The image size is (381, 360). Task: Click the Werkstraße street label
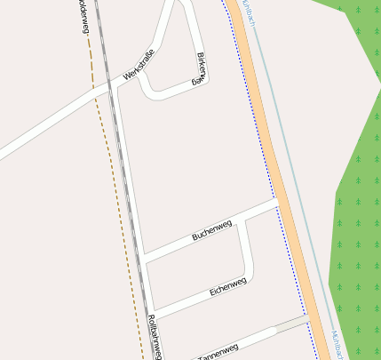145,66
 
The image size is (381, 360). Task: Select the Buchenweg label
211,229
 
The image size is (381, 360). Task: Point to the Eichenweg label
227,287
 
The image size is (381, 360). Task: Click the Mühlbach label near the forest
338,344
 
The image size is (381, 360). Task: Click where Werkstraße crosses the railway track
109,87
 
